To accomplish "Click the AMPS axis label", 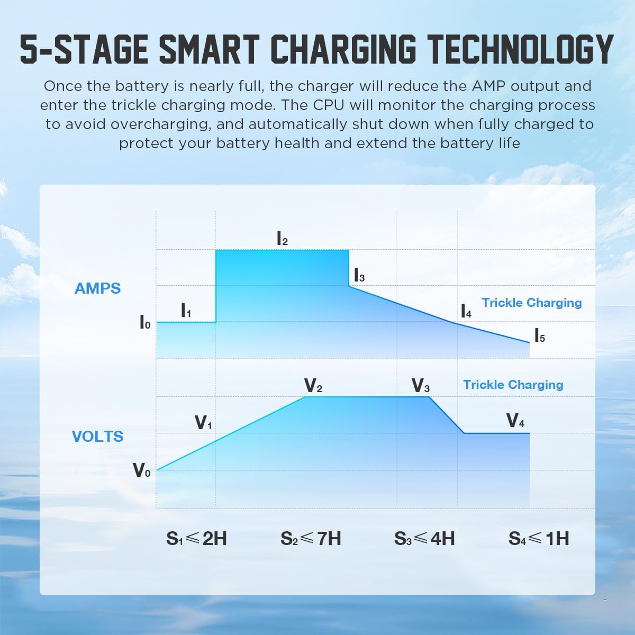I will click(97, 288).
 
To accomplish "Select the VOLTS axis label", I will click(97, 437).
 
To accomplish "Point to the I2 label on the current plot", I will click(282, 239).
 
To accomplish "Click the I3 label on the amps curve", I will click(359, 276).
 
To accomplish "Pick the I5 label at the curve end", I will click(539, 336).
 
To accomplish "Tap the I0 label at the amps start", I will click(144, 322).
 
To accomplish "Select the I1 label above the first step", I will click(186, 311).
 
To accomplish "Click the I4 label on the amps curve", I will click(466, 311).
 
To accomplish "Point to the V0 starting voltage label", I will click(141, 470).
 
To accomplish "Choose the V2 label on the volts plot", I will click(313, 386).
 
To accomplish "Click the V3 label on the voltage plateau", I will click(420, 386).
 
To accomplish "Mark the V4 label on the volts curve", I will click(515, 421).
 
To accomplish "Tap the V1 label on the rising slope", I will click(204, 423).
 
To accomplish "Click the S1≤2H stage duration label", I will click(196, 539).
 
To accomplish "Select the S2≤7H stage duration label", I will click(311, 539).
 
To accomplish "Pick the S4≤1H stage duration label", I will click(539, 539).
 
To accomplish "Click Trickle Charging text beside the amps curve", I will click(531, 303).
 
